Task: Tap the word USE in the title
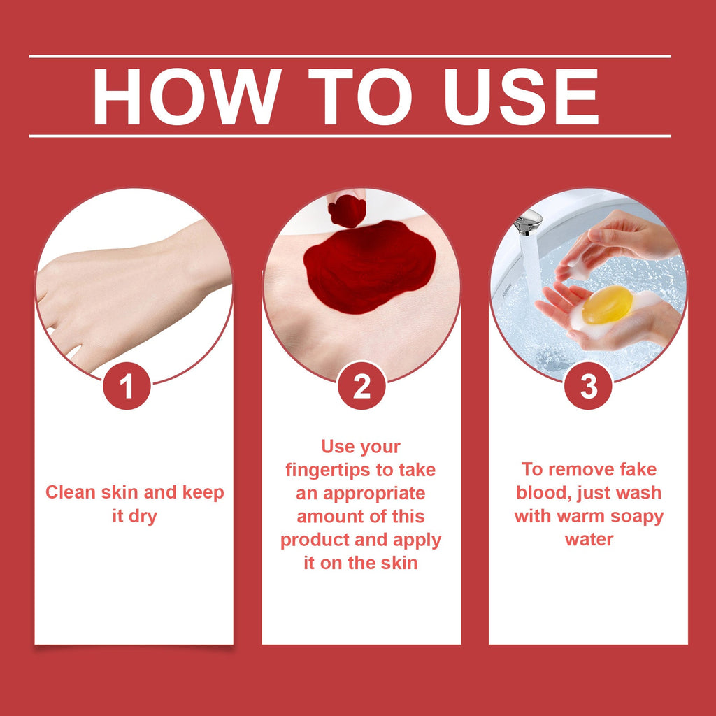521,96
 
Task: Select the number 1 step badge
127,386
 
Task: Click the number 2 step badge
361,386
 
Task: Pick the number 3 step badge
588,386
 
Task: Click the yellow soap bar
608,305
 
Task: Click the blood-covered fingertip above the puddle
347,210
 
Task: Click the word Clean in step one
71,492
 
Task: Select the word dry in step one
143,517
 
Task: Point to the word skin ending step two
399,563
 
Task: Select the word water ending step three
589,539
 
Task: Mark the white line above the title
350,57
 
